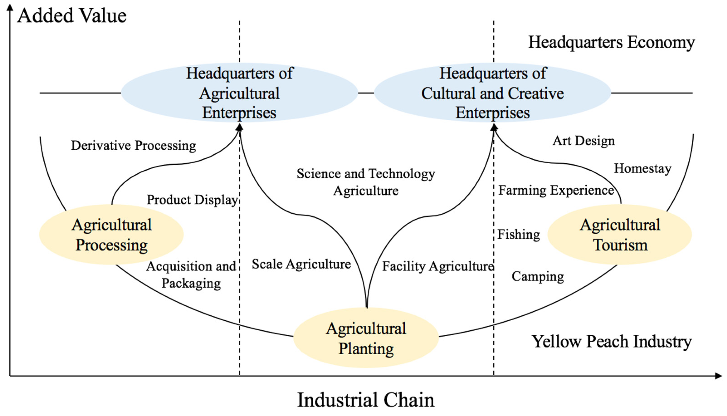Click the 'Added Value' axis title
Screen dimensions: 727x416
[71, 16]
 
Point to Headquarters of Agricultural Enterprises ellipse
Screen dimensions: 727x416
[239, 93]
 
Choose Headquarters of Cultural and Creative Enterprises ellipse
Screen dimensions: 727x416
[493, 93]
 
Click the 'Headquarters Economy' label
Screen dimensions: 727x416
[611, 43]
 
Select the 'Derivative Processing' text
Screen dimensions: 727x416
[134, 146]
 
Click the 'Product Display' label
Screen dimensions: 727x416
[192, 200]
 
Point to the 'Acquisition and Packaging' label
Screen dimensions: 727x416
[191, 275]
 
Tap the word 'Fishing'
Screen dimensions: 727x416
[519, 235]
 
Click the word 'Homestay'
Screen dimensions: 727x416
[643, 169]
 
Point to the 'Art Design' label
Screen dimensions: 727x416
[583, 141]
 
